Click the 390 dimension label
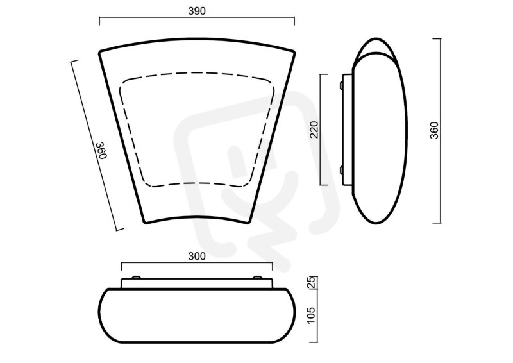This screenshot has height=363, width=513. point(197,11)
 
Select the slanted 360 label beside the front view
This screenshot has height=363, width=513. point(101,150)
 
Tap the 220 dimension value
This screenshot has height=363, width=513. point(314,130)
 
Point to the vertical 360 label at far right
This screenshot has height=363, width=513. point(434,130)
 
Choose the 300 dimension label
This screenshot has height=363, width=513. point(197,257)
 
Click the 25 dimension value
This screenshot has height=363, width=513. point(312,282)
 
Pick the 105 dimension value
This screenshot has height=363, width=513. point(312,315)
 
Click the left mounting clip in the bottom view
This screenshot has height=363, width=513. point(136,278)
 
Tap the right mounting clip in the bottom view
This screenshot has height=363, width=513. point(258,278)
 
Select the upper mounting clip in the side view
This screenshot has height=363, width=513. point(341,85)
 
